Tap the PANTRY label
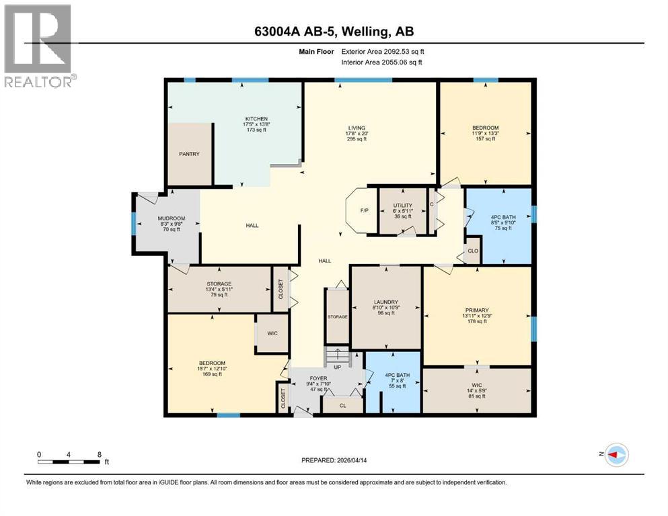tap(189, 154)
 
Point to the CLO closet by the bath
tap(473, 251)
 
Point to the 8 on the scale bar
tap(100, 454)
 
